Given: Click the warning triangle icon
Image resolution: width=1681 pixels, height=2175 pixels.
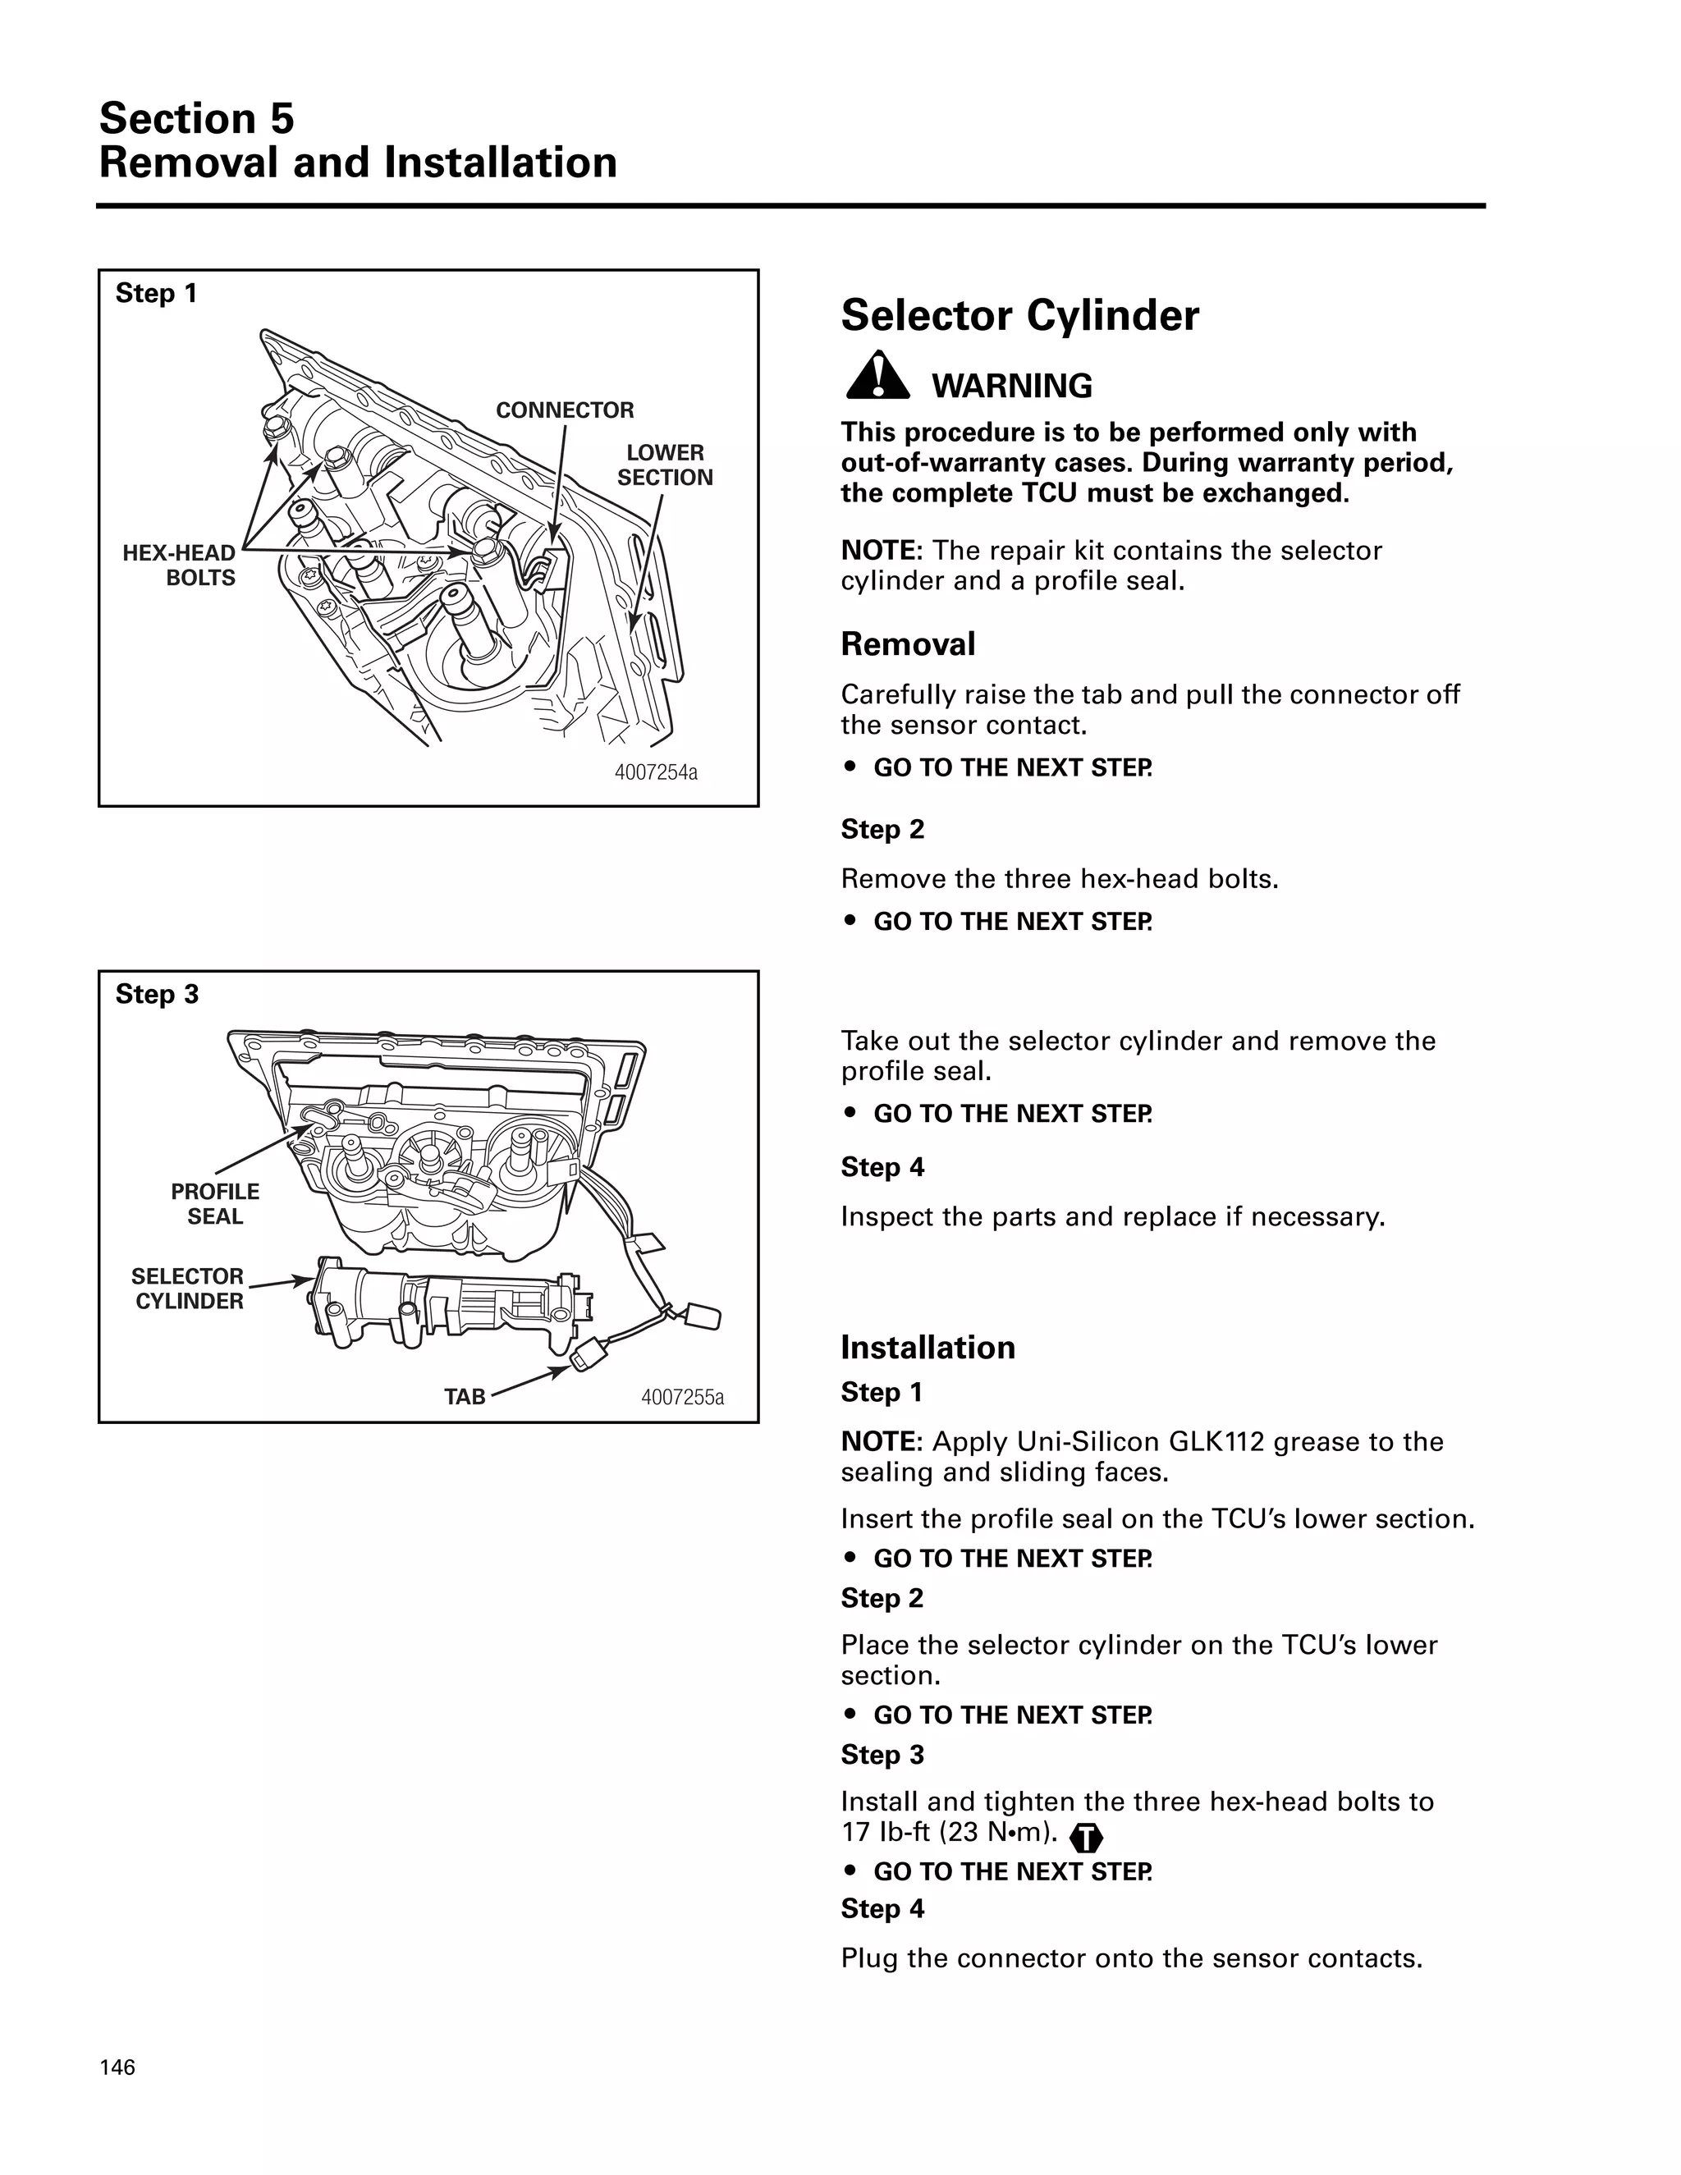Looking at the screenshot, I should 877,377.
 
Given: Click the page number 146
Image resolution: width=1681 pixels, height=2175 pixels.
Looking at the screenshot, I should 117,2067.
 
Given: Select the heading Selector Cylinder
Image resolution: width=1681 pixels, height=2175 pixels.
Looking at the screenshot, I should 1019,316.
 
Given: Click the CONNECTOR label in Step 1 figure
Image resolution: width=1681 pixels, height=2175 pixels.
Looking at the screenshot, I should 565,410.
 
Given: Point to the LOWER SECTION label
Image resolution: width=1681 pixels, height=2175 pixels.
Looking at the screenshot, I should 664,465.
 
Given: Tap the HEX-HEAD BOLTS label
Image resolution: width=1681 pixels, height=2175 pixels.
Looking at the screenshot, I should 179,565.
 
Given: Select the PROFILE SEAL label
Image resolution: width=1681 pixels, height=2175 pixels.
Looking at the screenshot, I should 214,1204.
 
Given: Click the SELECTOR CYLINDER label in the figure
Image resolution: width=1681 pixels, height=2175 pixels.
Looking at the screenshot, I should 188,1289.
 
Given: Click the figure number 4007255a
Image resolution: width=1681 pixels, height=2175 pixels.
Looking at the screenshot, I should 682,1397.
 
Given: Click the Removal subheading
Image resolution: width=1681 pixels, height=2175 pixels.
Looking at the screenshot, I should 907,644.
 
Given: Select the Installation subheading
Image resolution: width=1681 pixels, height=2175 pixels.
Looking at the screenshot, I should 928,1348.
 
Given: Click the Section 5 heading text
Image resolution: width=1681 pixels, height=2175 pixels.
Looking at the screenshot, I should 196,118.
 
